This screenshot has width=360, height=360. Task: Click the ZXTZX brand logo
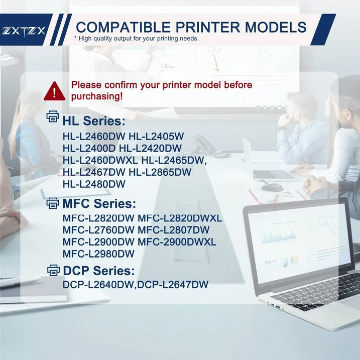24,30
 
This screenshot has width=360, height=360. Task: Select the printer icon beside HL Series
53,117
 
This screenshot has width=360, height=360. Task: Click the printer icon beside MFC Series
53,203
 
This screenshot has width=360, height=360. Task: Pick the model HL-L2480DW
94,184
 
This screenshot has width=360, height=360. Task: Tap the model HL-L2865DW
160,172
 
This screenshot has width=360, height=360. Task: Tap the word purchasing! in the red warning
96,96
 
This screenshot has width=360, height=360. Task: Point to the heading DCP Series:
99,271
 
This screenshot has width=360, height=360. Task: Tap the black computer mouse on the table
272,187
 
